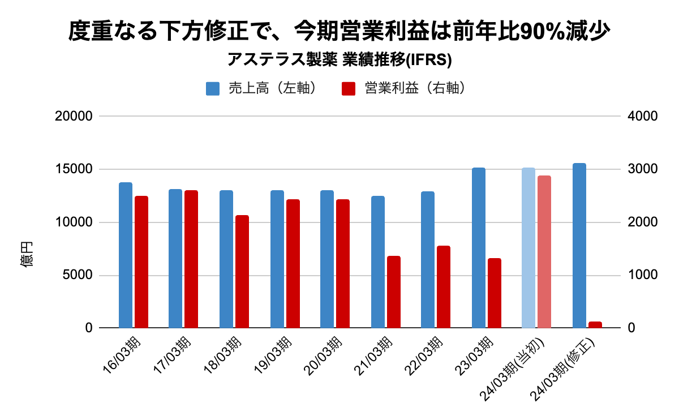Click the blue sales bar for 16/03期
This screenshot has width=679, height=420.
click(x=126, y=255)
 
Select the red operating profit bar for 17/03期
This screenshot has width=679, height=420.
click(x=191, y=259)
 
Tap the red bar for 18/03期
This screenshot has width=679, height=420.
click(x=242, y=272)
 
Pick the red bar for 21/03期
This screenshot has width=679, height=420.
click(x=394, y=292)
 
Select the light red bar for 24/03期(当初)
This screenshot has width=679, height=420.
click(x=544, y=252)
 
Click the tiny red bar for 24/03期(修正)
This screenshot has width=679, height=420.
click(x=595, y=325)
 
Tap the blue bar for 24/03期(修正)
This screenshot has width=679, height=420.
click(x=579, y=246)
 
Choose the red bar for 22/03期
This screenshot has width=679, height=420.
click(x=444, y=287)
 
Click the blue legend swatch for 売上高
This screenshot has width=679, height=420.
click(x=213, y=89)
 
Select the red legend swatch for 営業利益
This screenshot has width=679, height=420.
click(x=349, y=89)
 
